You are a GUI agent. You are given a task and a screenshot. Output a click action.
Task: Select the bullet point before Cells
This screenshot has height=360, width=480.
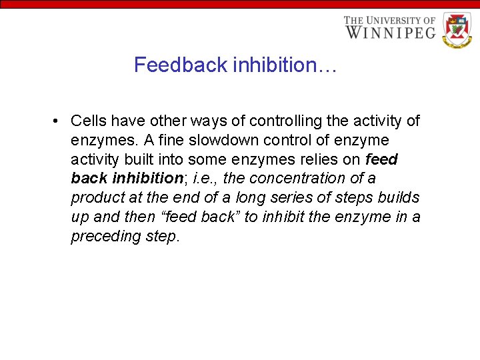[58, 121]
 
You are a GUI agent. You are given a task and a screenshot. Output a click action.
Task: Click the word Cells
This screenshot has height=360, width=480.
[88, 121]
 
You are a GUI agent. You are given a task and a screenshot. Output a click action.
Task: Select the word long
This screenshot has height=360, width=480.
[251, 198]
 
